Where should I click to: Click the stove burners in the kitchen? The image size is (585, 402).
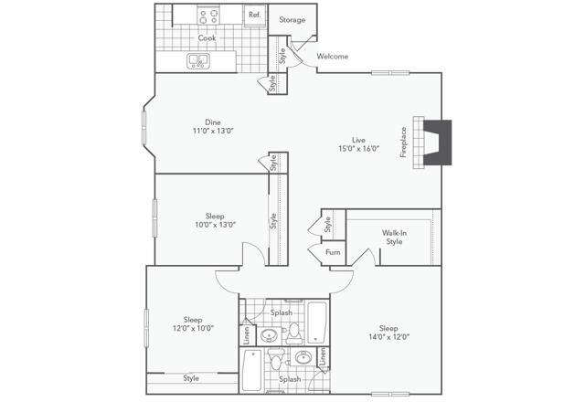[x=207, y=16]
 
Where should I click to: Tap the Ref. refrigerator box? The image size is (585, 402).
[x=254, y=16]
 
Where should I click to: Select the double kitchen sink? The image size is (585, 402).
[x=198, y=61]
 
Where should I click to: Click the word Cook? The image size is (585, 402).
[x=207, y=38]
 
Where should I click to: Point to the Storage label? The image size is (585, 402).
[x=292, y=19]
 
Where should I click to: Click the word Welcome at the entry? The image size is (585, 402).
[x=333, y=57]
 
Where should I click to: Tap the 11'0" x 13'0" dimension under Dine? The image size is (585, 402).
[x=213, y=132]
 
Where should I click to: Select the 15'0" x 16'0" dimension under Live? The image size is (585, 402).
[x=359, y=149]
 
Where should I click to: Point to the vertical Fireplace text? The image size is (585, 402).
[x=403, y=143]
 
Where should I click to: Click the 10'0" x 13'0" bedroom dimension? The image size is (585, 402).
[x=215, y=225]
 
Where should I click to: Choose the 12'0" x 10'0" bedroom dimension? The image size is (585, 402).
[x=193, y=328]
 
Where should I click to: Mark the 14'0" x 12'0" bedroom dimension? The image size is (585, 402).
[x=388, y=336]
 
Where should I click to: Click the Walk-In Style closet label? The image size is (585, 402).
[x=393, y=238]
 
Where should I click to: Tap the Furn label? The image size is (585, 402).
[x=333, y=252]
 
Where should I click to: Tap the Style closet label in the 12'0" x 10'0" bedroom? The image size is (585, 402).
[x=191, y=378]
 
